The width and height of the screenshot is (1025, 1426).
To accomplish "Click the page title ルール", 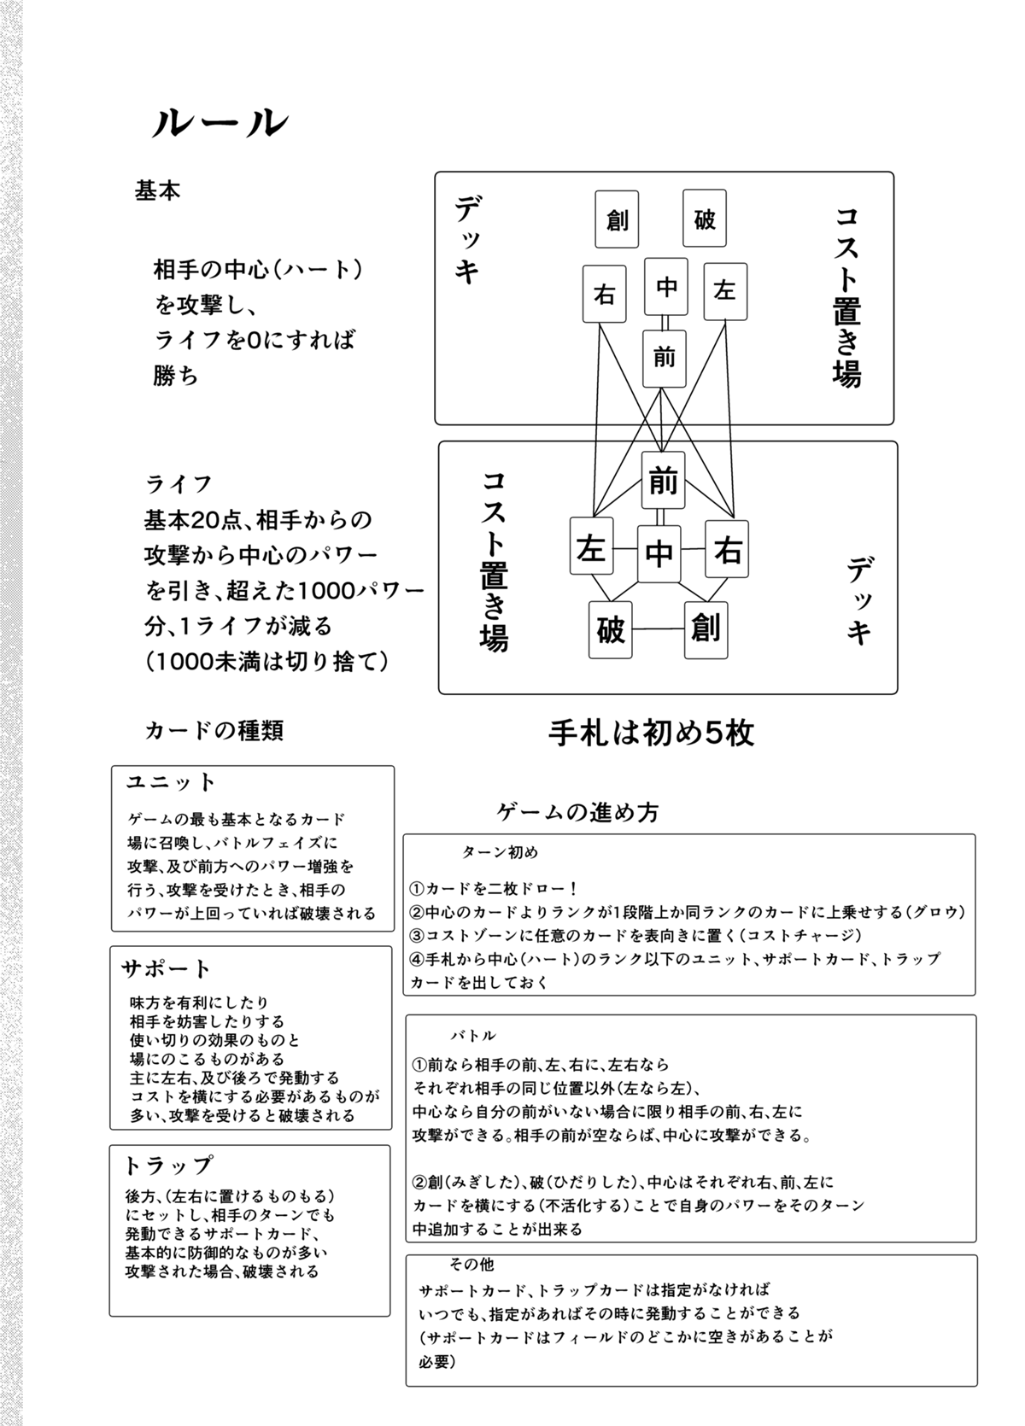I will [220, 125].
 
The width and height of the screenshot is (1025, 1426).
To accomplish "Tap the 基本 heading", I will [158, 190].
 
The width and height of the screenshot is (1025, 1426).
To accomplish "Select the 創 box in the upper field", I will [617, 219].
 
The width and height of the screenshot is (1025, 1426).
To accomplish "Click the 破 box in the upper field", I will [705, 219].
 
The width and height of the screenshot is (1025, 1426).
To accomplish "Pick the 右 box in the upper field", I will [605, 295].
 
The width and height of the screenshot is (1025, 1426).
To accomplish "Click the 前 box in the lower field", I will [663, 482].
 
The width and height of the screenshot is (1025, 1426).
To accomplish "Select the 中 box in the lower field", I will [659, 553].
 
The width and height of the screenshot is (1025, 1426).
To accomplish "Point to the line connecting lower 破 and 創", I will [658, 630].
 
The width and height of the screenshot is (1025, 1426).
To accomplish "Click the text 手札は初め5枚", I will [651, 733].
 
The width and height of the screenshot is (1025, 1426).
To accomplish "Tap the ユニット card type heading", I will [172, 782].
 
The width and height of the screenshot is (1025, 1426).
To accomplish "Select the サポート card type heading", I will [167, 968].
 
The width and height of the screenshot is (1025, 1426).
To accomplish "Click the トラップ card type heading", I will [168, 1166].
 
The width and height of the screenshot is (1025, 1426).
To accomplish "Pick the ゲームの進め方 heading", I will [578, 812].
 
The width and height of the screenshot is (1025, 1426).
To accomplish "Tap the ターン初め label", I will [500, 853].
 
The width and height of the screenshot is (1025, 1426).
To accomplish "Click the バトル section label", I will [473, 1036].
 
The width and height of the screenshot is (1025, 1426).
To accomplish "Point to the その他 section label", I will [471, 1265].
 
